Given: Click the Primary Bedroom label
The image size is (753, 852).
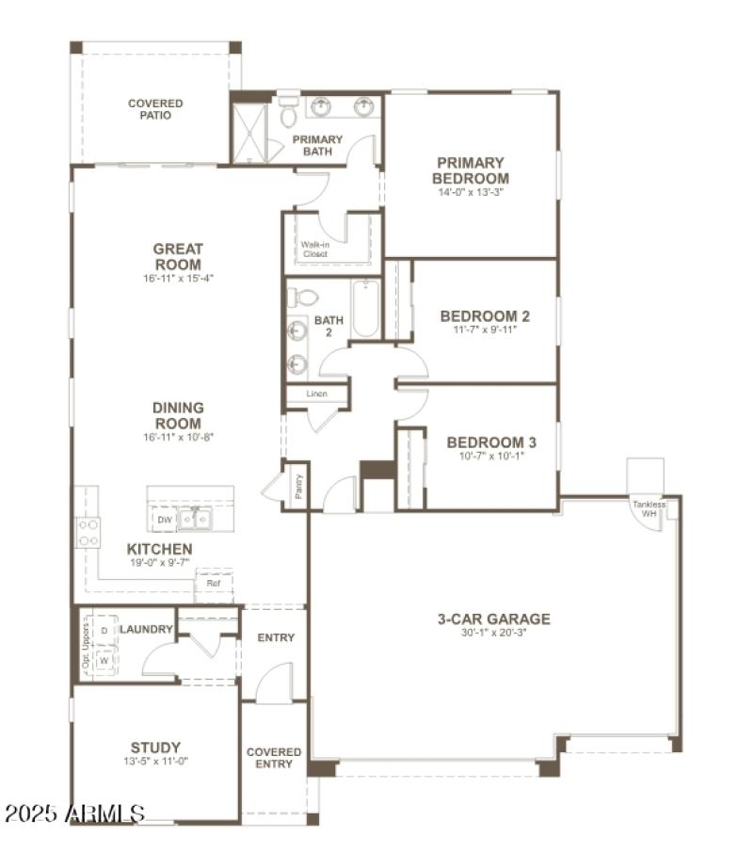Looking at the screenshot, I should pos(471,170).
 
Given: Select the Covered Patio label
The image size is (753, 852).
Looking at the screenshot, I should pos(155,109).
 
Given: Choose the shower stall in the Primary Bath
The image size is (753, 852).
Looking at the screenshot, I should pos(250,133).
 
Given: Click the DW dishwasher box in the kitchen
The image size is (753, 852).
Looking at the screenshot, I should pos(165,519).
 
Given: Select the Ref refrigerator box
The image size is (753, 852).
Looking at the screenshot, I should pos(214,584).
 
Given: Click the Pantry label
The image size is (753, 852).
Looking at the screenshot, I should pos(297,487).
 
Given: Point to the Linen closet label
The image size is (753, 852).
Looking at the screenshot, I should pos(316,394).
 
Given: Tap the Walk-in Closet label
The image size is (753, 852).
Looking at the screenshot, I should pos(315,249).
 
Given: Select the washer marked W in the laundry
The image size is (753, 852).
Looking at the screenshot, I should pos(104,660).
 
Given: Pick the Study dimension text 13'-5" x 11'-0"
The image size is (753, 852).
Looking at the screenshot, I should pos(155,763).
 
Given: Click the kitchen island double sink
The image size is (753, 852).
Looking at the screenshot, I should pos(198,518).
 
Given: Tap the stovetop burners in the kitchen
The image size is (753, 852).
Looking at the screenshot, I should pos(88,532).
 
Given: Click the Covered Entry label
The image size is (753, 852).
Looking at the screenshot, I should pos(274,758).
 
